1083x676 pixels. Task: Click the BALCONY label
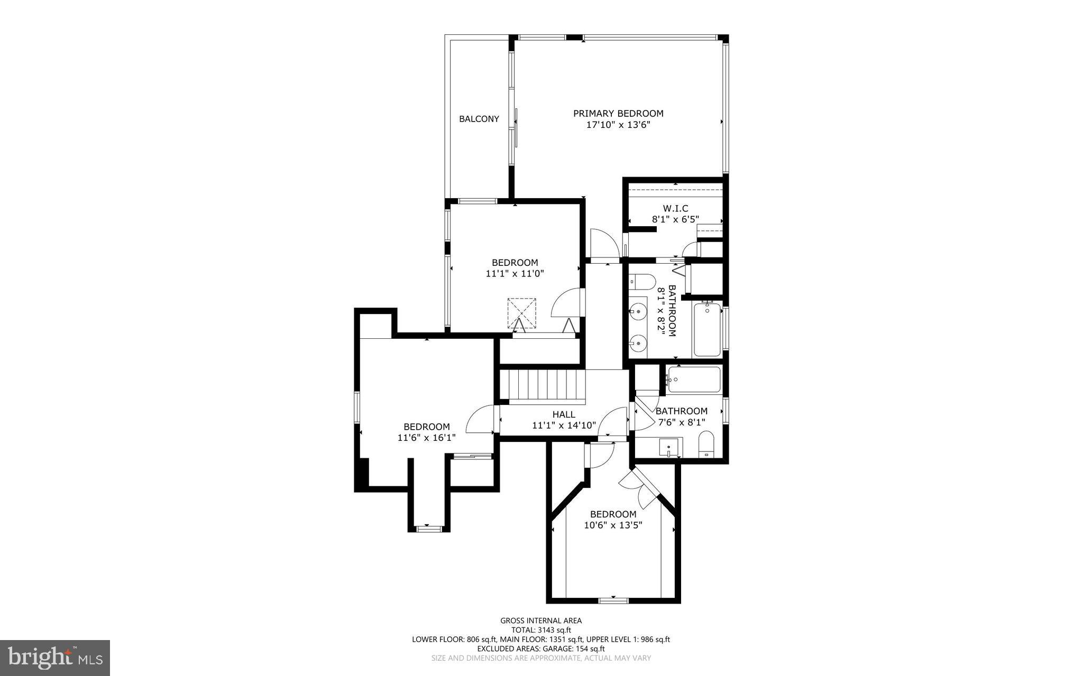[x=479, y=119]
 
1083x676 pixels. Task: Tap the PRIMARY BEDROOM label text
[x=618, y=113]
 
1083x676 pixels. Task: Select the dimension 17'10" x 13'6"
[x=618, y=125]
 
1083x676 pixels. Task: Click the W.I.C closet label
[x=675, y=209]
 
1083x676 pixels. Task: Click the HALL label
[x=564, y=414]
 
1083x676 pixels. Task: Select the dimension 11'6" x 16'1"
[x=426, y=438]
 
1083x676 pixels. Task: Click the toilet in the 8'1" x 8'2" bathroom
[x=642, y=282]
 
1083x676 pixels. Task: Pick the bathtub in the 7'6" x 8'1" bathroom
[x=694, y=379]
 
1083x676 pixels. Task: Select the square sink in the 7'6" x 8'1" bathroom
[x=669, y=448]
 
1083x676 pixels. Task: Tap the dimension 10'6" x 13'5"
[x=613, y=525]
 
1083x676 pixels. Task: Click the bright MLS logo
[x=55, y=658]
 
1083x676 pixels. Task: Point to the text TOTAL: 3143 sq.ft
[x=541, y=630]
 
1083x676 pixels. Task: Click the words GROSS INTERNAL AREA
[x=541, y=621]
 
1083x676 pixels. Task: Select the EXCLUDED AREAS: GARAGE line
[x=541, y=649]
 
